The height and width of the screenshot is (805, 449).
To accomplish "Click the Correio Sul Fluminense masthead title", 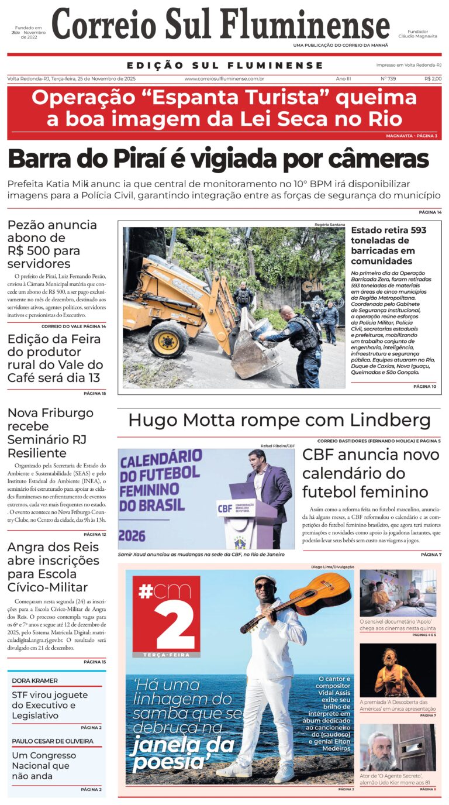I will coord(220,26).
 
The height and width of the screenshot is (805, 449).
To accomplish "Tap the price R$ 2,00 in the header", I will coord(433,78).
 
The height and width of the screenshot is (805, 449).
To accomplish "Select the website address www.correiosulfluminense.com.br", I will coord(224,78).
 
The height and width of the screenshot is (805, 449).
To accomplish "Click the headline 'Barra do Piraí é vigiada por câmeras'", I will coord(219,159).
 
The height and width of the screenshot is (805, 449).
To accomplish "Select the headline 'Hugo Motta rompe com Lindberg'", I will coord(279,420).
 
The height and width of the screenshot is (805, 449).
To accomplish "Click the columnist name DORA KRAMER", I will coord(34,680).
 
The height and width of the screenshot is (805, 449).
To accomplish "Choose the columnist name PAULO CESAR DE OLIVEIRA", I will coord(53,741).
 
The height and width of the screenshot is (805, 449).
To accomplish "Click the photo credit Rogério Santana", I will coord(330,225).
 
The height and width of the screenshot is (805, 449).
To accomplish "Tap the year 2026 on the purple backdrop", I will coord(132,535).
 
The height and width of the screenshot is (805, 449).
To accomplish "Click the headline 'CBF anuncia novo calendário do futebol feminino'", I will coord(365,473).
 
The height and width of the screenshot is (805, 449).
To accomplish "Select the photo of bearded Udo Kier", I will coord(397,747).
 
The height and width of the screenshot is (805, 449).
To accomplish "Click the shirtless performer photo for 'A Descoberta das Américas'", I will coord(398,670).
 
